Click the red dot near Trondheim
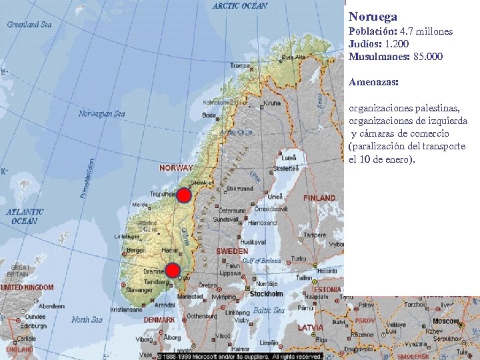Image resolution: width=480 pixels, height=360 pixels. (x=184, y=195)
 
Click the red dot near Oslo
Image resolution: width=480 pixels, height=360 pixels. (x=173, y=270)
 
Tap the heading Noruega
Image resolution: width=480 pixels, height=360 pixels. (x=373, y=17)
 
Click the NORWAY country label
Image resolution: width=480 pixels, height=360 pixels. (x=176, y=168)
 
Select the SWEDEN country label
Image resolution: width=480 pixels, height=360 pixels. (x=231, y=252)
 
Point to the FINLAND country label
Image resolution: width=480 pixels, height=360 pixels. (x=319, y=198)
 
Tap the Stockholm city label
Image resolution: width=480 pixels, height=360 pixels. (x=266, y=293)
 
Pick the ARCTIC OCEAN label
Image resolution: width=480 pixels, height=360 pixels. (x=240, y=6)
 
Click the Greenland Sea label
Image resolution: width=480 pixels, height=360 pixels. (x=29, y=25)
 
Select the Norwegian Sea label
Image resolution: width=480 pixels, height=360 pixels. (x=101, y=113)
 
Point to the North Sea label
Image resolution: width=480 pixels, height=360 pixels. (x=88, y=319)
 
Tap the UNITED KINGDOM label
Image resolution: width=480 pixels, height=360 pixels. (x=27, y=287)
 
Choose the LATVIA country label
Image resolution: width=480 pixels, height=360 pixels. (x=311, y=327)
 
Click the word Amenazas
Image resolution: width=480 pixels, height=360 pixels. (x=373, y=82)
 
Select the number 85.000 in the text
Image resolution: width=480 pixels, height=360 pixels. (x=428, y=57)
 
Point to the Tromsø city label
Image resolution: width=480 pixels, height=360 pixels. (x=239, y=65)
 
